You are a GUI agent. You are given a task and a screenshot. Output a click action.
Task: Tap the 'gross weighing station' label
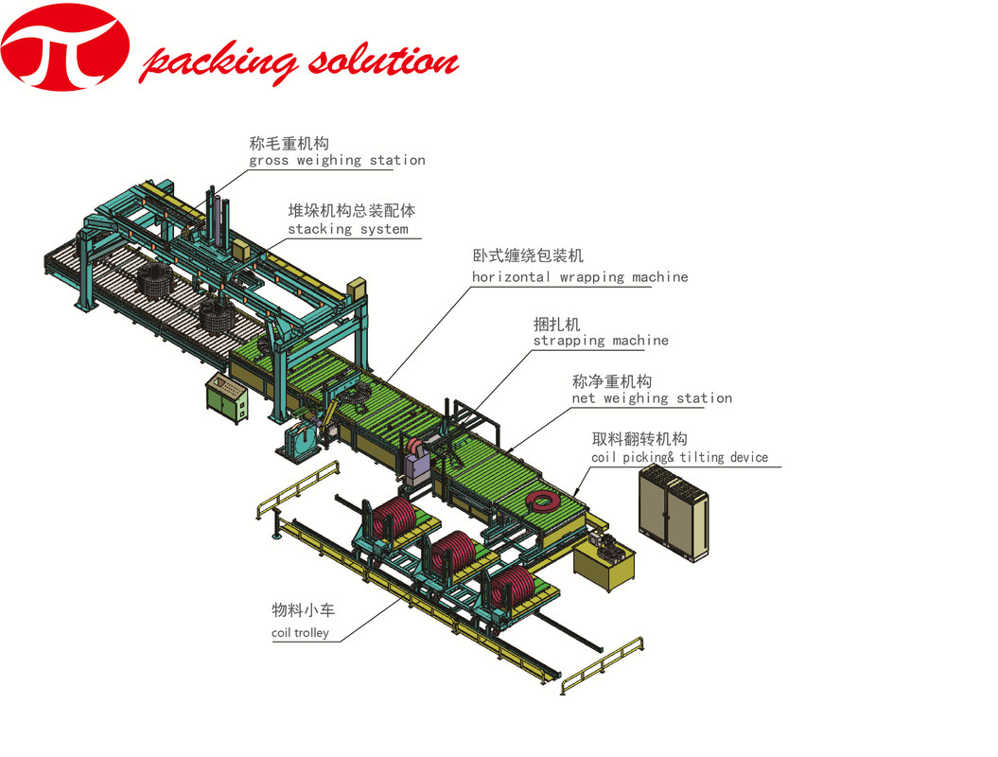[337, 161]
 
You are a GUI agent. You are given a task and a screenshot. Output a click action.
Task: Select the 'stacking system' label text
[348, 229]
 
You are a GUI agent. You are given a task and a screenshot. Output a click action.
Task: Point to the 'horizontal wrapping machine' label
[580, 277]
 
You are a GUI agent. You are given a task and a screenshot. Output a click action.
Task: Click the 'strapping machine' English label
[601, 341]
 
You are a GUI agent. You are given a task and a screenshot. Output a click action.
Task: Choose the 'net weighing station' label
[652, 398]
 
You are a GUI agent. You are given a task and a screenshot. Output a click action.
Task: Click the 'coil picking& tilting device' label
[680, 458]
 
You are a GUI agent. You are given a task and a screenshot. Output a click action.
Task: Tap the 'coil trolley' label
[300, 633]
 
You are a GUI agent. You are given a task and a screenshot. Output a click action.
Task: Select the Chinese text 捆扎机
[557, 324]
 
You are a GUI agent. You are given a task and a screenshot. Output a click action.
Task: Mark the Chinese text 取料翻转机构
[639, 439]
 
